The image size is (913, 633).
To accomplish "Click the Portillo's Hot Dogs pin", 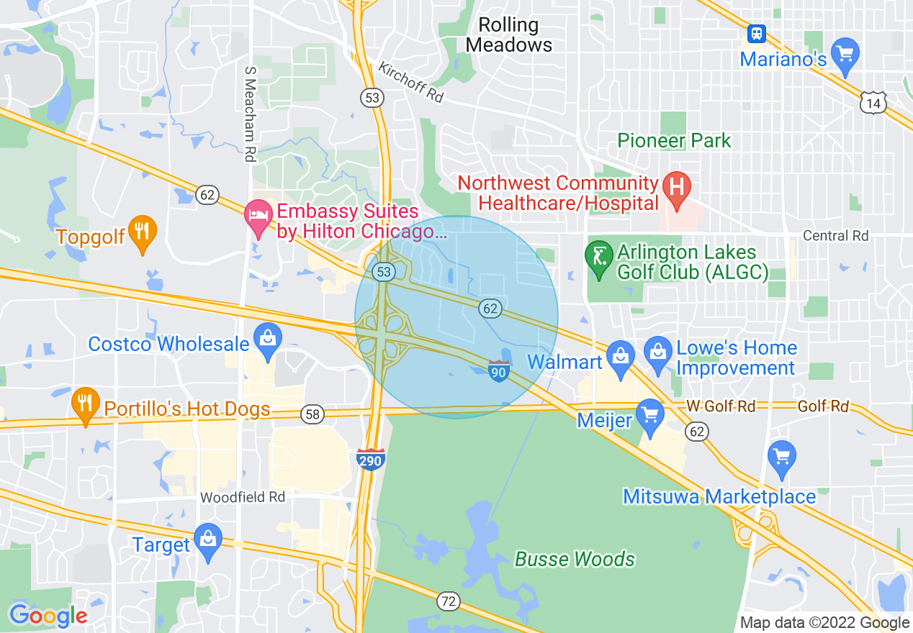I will click(86, 404).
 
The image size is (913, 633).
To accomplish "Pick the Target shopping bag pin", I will click(208, 542).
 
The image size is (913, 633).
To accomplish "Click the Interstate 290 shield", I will click(371, 458).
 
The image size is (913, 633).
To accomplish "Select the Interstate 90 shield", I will click(498, 371).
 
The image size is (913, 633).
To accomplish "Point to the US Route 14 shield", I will click(873, 103).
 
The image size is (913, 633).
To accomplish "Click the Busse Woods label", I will click(575, 559).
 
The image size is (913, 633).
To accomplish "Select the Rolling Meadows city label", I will click(508, 35).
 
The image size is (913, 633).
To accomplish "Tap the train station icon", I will click(756, 33).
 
